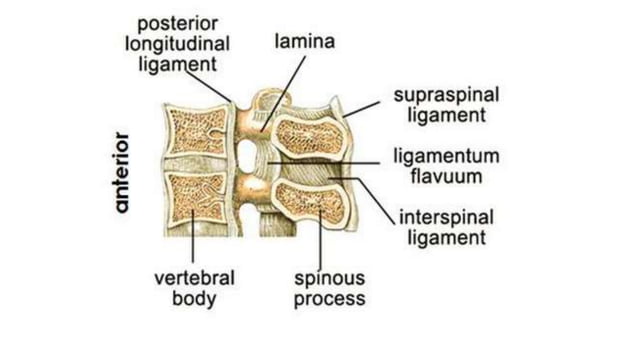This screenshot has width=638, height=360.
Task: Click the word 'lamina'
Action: [x=304, y=42]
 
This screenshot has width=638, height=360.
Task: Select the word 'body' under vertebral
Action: [x=189, y=297]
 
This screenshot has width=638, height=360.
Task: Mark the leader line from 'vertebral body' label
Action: [x=191, y=240]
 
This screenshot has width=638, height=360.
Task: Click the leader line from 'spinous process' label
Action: [x=320, y=240]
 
